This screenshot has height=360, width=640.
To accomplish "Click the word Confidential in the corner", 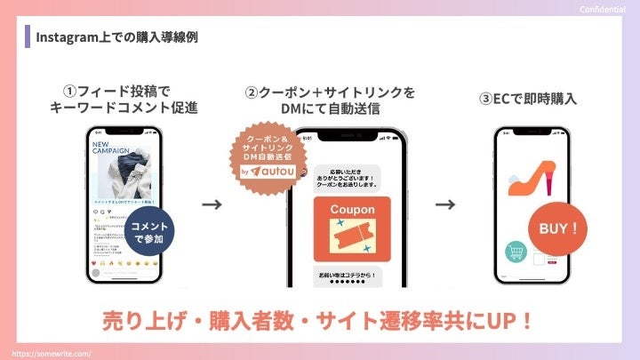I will [x=603, y=9].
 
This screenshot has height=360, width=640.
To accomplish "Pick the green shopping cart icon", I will [x=513, y=254].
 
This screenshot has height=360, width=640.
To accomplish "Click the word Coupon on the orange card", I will [x=352, y=210].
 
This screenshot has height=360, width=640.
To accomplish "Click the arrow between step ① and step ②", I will [x=212, y=204].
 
